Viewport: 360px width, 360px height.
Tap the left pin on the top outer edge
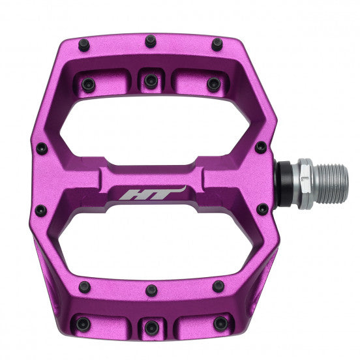85,45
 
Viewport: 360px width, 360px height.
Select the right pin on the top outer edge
216,45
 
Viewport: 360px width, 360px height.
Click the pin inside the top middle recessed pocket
151,81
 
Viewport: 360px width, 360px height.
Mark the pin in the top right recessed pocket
213,83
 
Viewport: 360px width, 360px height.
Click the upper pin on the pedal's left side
41,148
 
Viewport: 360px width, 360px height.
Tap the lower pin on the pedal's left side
41,210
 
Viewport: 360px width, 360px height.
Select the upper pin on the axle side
261,147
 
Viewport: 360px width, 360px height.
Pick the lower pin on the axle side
262,209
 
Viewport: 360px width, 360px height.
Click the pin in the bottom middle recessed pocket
151,327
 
